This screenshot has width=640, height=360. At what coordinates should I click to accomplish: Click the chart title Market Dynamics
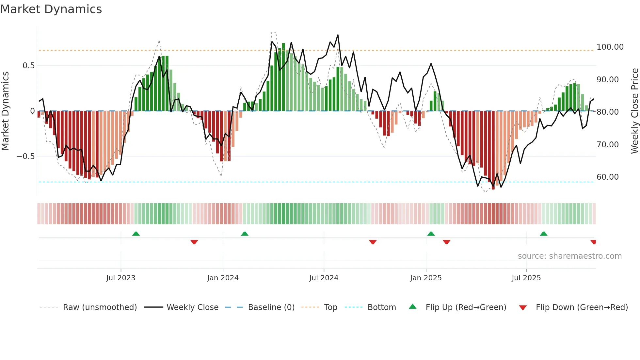[x=51, y=9]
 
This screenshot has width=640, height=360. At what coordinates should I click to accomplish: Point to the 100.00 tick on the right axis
[x=610, y=47]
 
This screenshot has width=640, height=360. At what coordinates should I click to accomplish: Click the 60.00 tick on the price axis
[x=607, y=177]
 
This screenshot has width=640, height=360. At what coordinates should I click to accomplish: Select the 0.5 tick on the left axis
[x=28, y=66]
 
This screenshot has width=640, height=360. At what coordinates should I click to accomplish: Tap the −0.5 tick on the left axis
[x=26, y=156]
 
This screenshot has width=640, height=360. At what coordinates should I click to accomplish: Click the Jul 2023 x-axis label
[x=120, y=278]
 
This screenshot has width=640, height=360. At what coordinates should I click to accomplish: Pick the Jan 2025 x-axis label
[x=425, y=278]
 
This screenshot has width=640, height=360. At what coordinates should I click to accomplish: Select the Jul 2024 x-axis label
[x=324, y=278]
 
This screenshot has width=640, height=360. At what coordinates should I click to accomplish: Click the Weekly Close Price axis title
[x=634, y=111]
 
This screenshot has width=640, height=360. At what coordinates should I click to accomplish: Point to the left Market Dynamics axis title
[x=5, y=111]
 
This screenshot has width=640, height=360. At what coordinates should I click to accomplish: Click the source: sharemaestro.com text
[x=569, y=256]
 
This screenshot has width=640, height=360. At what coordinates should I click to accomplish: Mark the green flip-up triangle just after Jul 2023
[x=136, y=234]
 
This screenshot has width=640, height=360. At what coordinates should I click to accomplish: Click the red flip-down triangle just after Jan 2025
[x=446, y=242]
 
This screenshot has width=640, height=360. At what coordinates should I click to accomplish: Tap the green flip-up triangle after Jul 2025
[x=543, y=234]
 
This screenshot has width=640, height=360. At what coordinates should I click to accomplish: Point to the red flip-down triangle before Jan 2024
[x=194, y=242]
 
